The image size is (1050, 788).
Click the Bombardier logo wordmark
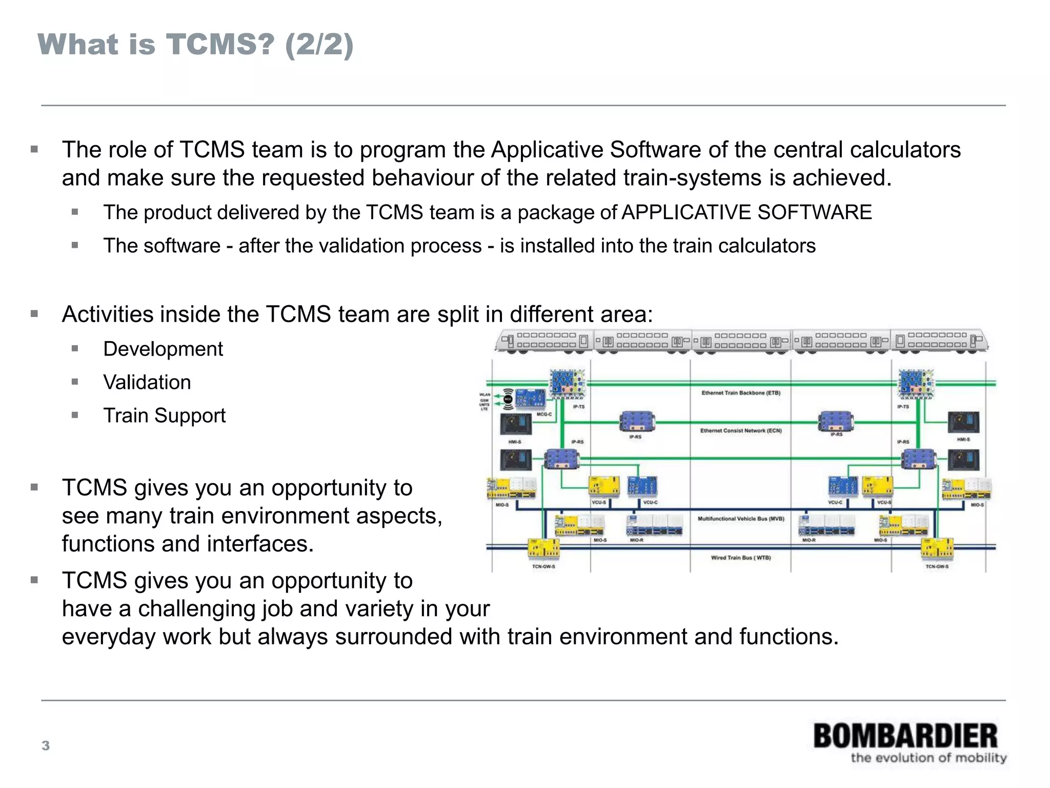click(905, 736)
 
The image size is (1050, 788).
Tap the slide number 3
click(46, 745)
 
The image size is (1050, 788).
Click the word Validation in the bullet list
click(147, 382)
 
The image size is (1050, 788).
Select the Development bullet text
click(163, 349)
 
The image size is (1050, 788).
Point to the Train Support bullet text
click(164, 416)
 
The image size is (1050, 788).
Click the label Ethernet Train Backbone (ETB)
click(741, 393)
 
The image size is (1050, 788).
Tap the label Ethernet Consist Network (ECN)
click(741, 431)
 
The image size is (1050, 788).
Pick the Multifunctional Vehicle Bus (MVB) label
click(741, 519)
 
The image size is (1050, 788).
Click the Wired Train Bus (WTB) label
click(741, 558)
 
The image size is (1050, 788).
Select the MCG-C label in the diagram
click(544, 415)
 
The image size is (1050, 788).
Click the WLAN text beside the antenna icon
click(484, 395)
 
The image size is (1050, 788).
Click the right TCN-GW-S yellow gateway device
click(937, 549)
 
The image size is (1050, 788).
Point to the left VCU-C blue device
click(642, 486)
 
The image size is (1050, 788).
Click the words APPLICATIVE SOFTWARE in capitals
click(746, 212)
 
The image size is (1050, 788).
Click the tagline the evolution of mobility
click(928, 758)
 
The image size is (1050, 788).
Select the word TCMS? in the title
click(221, 44)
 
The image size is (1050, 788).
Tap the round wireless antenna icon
click(508, 399)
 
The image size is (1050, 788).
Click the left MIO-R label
click(636, 540)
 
